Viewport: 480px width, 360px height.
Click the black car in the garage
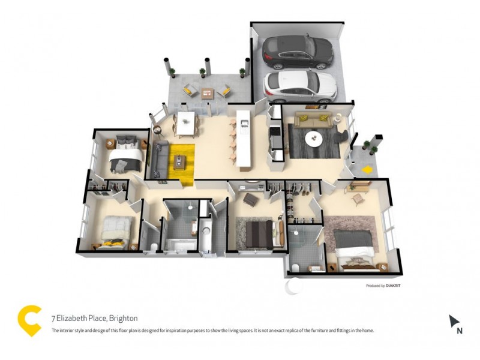point(298,52)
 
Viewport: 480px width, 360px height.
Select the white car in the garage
point(299,86)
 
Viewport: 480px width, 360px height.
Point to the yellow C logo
point(29,320)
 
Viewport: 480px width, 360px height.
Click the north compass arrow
point(454,322)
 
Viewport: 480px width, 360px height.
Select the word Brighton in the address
point(122,318)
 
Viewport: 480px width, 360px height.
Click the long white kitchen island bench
point(245,138)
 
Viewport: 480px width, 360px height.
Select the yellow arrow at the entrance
point(367,170)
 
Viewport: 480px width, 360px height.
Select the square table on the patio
point(208,93)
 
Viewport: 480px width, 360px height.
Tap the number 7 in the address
point(53,318)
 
